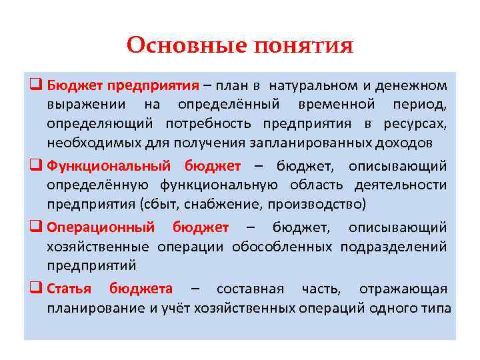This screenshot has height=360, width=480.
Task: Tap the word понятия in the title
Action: (x=303, y=46)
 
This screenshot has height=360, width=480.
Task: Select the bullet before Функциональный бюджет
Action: (x=36, y=165)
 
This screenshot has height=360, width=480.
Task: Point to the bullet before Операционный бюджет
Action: (x=36, y=227)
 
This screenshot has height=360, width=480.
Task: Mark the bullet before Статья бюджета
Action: (x=36, y=289)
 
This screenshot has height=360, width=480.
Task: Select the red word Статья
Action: (x=68, y=289)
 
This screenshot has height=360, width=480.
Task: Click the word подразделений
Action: (x=393, y=246)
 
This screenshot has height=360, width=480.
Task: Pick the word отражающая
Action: (x=403, y=289)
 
